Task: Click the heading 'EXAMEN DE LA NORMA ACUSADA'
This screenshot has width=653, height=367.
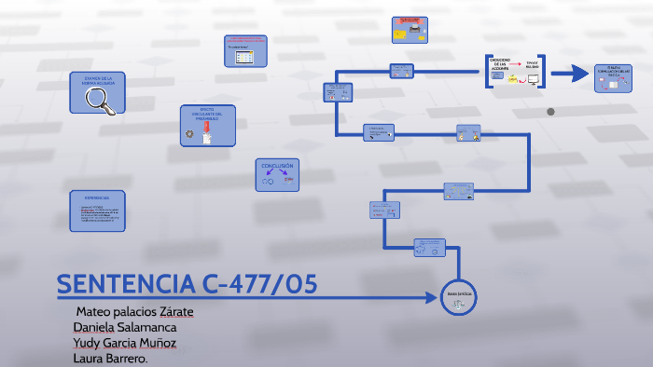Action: click(x=97, y=81)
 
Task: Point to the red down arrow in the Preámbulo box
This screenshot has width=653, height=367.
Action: click(x=207, y=127)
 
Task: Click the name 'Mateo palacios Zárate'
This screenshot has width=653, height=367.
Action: click(x=136, y=311)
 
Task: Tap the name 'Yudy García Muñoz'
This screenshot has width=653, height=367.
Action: click(x=131, y=343)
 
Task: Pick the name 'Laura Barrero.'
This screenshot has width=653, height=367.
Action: click(x=111, y=359)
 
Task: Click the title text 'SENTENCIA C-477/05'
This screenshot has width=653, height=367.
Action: click(x=187, y=284)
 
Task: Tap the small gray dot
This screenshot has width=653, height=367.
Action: click(x=550, y=112)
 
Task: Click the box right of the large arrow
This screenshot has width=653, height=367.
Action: click(x=614, y=77)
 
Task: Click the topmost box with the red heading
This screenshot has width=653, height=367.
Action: click(x=410, y=29)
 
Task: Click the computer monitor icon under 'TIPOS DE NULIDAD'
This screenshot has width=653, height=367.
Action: click(x=534, y=80)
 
